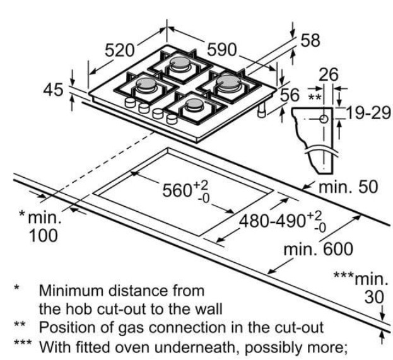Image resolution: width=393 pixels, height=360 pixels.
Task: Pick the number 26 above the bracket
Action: [328, 75]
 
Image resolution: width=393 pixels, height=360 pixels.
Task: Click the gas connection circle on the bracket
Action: [323, 118]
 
